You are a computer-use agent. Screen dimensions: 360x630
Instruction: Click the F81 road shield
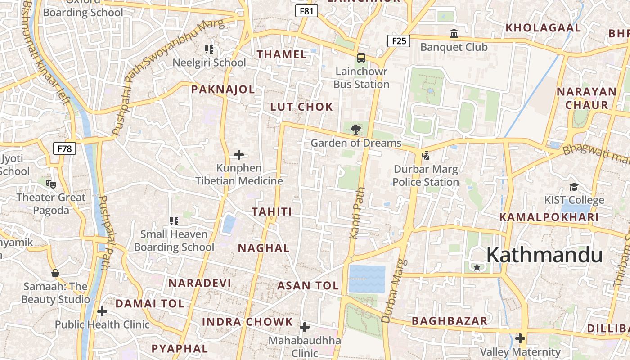(306, 11)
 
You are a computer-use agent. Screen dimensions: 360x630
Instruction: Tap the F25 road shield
(399, 41)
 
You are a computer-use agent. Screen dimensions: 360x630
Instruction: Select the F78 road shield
(64, 148)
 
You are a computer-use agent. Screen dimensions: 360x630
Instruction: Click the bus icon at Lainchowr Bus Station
(361, 58)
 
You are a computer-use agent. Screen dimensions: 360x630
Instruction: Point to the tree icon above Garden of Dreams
(355, 130)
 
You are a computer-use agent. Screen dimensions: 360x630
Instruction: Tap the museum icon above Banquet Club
(454, 34)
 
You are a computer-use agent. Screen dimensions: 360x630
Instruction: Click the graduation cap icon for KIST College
(574, 187)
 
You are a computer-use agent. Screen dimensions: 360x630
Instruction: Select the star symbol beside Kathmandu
(477, 267)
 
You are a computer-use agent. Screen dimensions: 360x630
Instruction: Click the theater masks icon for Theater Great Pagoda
(51, 184)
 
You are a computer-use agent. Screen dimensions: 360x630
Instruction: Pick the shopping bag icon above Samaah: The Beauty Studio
(55, 273)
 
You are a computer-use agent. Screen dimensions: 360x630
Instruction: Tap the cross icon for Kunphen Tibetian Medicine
(239, 155)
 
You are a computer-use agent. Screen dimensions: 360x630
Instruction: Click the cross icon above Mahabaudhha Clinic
(305, 327)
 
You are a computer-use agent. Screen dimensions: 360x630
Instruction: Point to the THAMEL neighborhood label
(282, 55)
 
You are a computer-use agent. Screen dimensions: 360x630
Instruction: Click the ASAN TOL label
(308, 285)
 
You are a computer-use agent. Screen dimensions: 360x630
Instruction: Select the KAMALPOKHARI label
(549, 217)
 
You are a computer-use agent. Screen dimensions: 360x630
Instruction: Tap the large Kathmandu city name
(544, 255)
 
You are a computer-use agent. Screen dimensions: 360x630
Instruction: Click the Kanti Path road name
(356, 213)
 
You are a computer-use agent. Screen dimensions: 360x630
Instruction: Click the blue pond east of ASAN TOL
(367, 279)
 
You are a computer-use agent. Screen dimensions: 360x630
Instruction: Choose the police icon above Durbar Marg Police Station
(425, 156)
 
